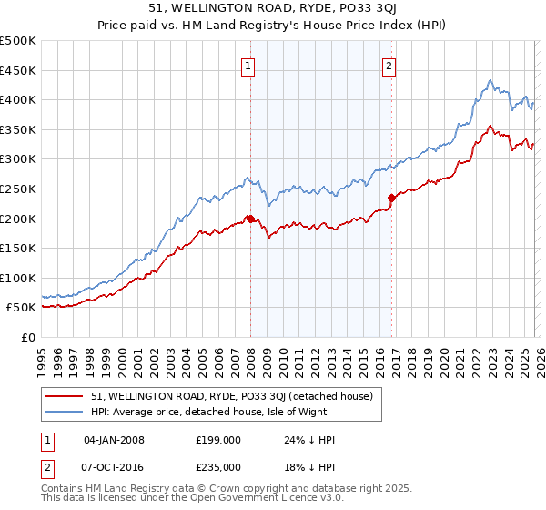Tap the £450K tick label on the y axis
point(18,70)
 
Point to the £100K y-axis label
point(18,278)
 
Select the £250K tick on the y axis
point(18,189)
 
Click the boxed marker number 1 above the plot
point(248,66)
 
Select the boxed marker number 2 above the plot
point(389,66)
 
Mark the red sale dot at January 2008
point(250,219)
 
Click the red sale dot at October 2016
point(391,197)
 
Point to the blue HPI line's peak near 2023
point(490,80)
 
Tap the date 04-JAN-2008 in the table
point(114,440)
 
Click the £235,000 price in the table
point(218,466)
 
